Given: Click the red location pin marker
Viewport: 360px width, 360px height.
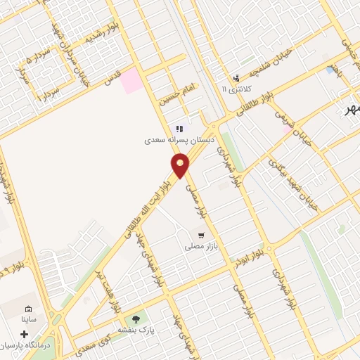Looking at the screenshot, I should (x=180, y=166).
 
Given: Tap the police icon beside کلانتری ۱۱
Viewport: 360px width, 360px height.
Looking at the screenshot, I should (x=236, y=78).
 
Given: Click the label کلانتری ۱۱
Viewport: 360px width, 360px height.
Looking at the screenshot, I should (x=234, y=90).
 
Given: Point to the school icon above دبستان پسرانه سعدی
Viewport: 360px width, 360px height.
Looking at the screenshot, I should (x=179, y=129).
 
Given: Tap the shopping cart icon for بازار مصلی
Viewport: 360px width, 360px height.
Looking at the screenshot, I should (x=201, y=236).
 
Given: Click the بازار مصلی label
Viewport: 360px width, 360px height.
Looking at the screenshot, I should (x=200, y=247).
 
